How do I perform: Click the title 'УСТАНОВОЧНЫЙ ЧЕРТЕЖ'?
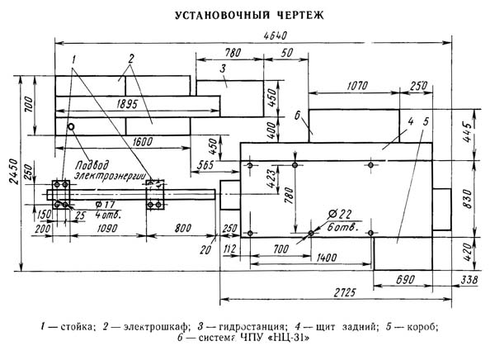247,15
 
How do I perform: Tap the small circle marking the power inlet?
72,126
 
